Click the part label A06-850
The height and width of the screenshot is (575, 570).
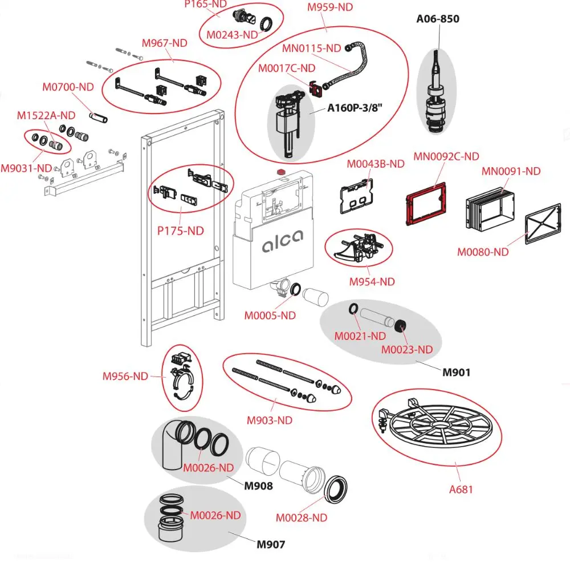[x=437, y=19]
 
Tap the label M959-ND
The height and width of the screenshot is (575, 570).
[x=330, y=7]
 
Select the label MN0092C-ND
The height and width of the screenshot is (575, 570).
[x=446, y=156]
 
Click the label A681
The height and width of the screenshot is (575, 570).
[x=461, y=489]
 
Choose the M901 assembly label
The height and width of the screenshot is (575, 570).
[x=457, y=372]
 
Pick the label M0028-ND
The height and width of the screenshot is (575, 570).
[x=302, y=518]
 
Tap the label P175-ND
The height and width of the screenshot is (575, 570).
[x=180, y=231]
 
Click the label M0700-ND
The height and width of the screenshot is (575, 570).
[x=68, y=87]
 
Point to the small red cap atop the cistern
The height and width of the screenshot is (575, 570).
[x=280, y=171]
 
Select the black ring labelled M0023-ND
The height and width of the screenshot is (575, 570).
[x=401, y=326]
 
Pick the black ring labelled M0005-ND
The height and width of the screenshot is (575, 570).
[x=296, y=291]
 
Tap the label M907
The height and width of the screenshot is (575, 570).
[x=271, y=544]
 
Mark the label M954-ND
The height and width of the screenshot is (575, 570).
[x=372, y=282]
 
